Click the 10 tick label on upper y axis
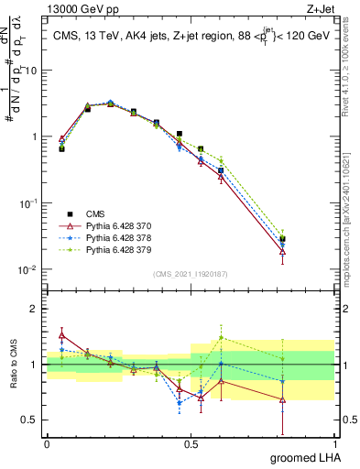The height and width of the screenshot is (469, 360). point(34,71)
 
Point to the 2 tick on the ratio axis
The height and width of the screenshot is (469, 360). point(38,309)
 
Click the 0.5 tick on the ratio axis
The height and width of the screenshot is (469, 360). point(32,420)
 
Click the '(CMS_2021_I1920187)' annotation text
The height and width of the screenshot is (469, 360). point(191,273)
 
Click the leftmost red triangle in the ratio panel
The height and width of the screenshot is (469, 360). point(61,335)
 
